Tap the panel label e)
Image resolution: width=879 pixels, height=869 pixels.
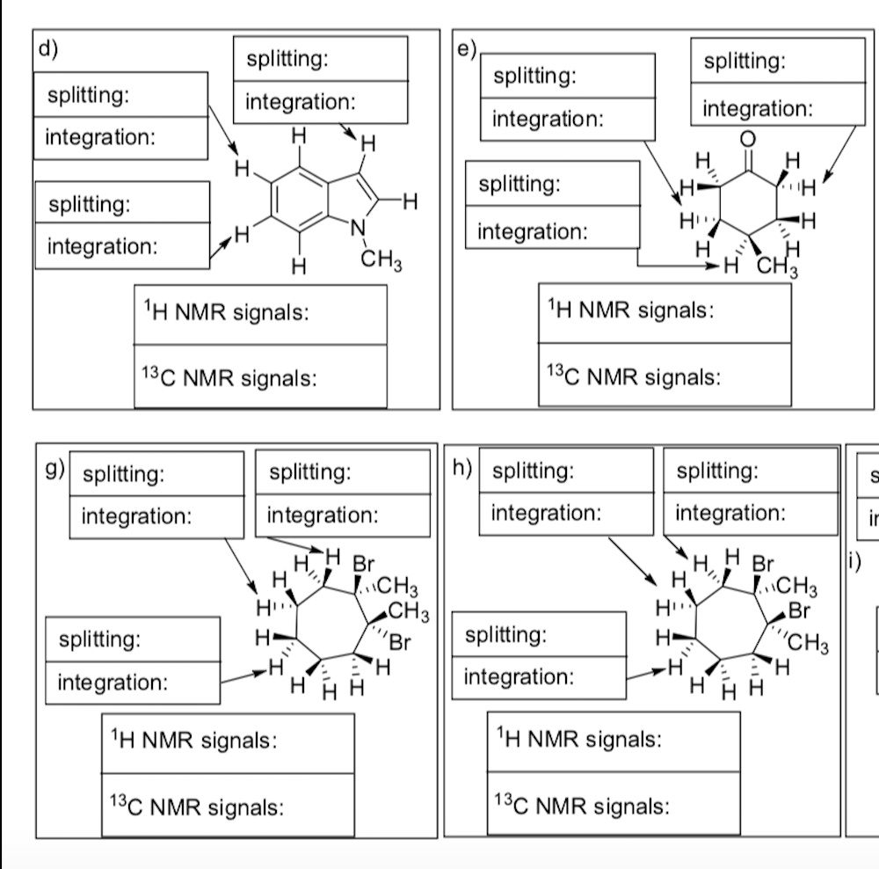point(466,47)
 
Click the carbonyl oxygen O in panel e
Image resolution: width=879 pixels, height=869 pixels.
point(747,138)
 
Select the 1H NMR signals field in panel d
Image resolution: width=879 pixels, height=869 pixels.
point(260,314)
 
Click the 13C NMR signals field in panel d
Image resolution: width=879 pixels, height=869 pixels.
point(260,378)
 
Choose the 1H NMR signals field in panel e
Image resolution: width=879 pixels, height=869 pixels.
point(665,312)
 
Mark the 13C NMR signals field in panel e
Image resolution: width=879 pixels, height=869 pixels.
point(665,376)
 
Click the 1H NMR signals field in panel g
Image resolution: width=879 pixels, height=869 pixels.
point(229,741)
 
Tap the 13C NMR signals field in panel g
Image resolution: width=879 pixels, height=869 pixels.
point(229,806)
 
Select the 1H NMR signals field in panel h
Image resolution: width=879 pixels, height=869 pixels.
point(614,740)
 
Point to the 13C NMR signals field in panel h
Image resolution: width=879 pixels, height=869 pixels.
point(614,805)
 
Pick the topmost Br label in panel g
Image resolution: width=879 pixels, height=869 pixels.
point(363,563)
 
